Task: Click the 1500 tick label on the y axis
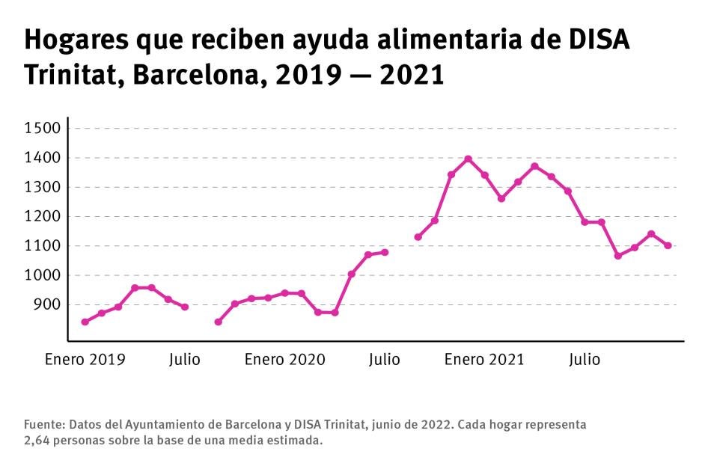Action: coord(42,129)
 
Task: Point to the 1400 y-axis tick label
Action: coord(42,158)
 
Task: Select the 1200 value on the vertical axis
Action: coord(42,217)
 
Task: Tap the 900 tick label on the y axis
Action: coord(46,304)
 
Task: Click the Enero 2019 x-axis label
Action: coord(85,360)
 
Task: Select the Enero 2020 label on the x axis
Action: coord(284,360)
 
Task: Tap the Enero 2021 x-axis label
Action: coord(484,360)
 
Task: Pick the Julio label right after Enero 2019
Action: coord(184,360)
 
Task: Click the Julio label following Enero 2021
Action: coord(584,360)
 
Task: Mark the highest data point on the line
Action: coord(468,159)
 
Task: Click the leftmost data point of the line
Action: coord(85,322)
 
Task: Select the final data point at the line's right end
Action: coord(668,245)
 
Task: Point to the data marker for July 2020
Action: coord(385,252)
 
